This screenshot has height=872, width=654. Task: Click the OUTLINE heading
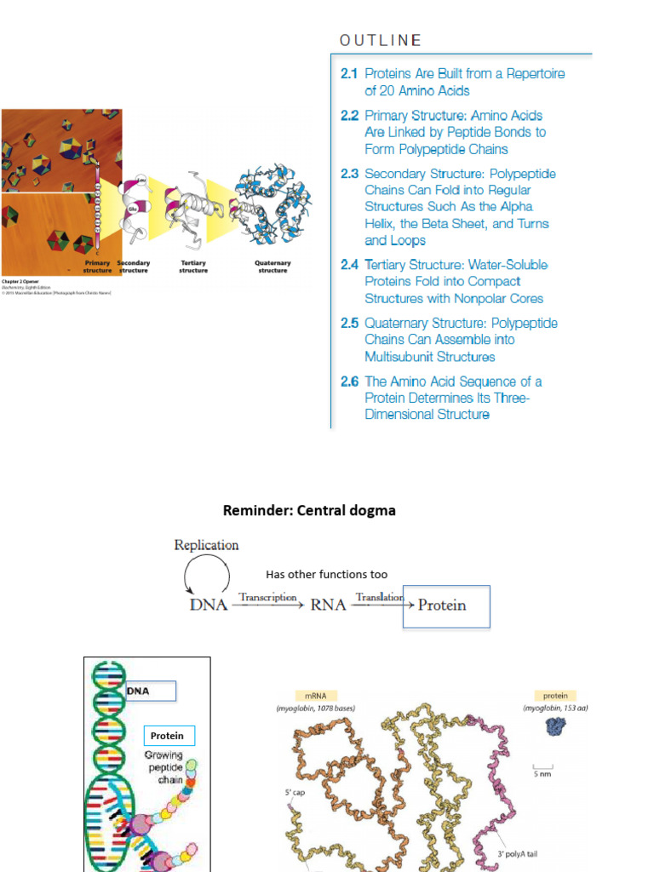[x=381, y=40]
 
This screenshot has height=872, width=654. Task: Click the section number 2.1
[x=349, y=74]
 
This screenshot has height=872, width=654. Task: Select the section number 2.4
[x=349, y=265]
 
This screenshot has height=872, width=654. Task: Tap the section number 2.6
[x=349, y=381]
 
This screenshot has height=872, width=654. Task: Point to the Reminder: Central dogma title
[x=309, y=511]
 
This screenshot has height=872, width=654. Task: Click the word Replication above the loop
[x=206, y=545]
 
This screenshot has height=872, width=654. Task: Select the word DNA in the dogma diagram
[x=208, y=605]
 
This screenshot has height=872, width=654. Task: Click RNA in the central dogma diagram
[x=328, y=605]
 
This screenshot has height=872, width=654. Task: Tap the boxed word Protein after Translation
[x=443, y=605]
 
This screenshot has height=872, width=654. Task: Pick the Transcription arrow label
[x=267, y=597]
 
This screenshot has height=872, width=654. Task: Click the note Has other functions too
[x=326, y=575]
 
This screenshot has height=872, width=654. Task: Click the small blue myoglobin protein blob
[x=555, y=726]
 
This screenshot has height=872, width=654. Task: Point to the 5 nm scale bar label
[x=542, y=774]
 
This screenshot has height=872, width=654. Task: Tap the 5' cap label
[x=295, y=793]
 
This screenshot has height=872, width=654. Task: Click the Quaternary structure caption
[x=272, y=267]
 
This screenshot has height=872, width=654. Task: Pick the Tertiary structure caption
[x=193, y=267]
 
